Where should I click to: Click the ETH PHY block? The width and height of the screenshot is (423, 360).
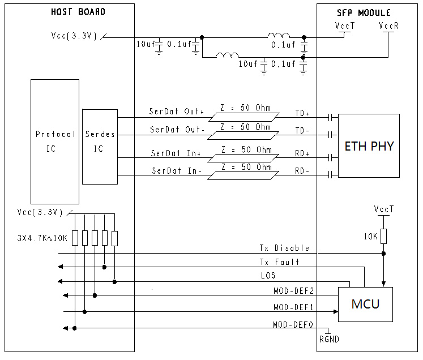point(369,146)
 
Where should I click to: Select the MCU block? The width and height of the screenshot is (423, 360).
point(365,305)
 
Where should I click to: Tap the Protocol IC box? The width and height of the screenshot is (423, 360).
point(55,142)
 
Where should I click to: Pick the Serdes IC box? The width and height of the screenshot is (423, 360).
point(100,142)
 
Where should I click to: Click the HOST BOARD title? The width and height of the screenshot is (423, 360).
point(78,12)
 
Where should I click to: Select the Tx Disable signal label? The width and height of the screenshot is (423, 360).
point(284,248)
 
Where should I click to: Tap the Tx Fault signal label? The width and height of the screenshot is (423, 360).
point(279,262)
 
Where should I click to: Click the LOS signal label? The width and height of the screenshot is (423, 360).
point(267,276)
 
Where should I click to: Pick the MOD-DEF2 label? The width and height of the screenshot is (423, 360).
point(293,291)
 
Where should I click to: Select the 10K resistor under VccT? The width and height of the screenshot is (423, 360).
point(384,235)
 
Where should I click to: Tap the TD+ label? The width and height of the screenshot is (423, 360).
point(302,113)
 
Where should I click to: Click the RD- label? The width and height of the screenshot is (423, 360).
point(302,172)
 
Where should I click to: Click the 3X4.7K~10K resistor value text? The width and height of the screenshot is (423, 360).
point(42,238)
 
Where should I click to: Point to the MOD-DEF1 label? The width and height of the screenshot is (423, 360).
point(293,307)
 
